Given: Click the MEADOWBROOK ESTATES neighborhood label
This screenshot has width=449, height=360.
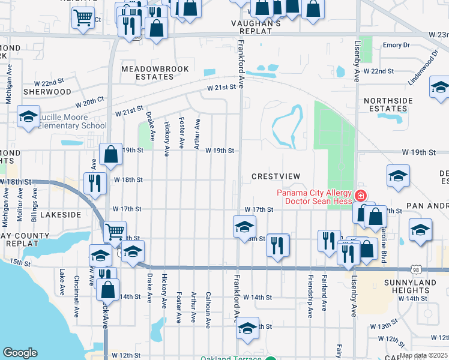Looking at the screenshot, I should [x=147, y=73].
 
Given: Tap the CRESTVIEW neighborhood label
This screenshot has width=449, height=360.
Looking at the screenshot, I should [x=276, y=176].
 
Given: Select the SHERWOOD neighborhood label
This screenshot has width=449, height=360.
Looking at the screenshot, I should [x=47, y=92].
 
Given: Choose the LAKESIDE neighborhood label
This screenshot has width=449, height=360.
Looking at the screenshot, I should [x=61, y=214].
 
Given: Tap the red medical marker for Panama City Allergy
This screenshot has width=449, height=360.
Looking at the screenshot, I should [x=360, y=195].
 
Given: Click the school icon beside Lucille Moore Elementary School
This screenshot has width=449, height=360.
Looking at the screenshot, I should [x=28, y=117].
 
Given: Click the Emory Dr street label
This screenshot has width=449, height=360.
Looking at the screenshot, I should [x=396, y=45].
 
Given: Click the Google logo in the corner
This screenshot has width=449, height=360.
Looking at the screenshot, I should [x=20, y=353].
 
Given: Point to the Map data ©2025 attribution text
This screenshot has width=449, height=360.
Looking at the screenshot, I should [x=423, y=355].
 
